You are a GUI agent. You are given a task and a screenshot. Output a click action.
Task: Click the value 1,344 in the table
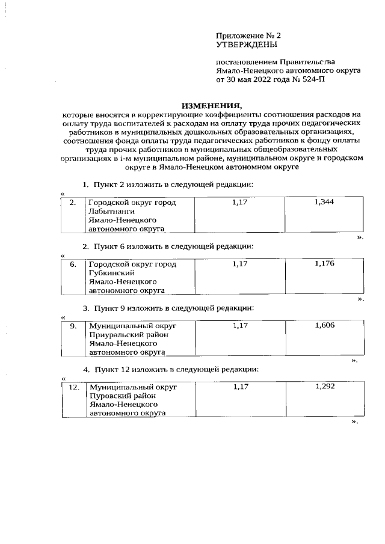point(324,203)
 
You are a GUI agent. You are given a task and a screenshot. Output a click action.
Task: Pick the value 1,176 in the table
point(324,264)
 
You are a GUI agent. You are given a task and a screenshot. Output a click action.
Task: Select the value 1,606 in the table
point(324,325)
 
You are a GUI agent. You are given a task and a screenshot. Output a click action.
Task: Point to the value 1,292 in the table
point(324,387)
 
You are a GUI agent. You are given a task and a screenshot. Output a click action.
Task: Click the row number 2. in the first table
point(72,203)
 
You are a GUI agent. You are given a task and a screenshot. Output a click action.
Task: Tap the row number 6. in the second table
point(72,264)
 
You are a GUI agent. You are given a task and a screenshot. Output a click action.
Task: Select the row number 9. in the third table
point(72,326)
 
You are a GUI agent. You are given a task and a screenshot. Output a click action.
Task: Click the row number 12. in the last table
point(72,387)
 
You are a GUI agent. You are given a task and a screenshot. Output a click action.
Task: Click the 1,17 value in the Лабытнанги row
point(240,203)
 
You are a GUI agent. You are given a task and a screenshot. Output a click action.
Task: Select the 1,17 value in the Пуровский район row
point(240,387)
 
